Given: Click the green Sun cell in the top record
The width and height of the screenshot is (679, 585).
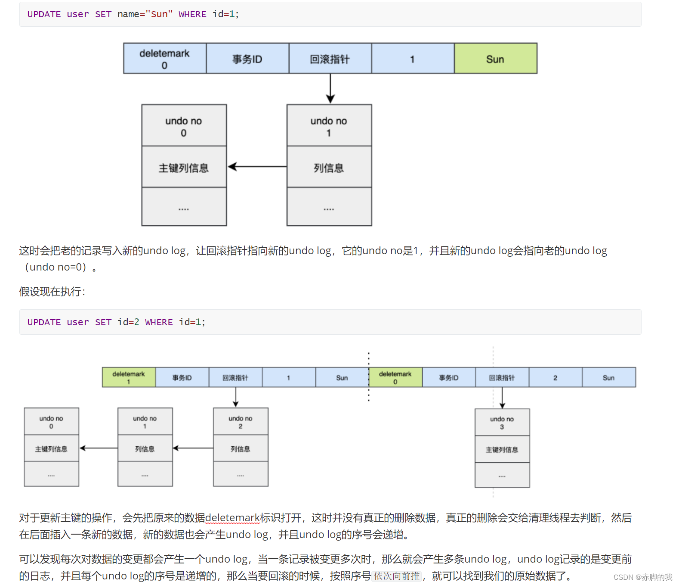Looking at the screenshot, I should (495, 59).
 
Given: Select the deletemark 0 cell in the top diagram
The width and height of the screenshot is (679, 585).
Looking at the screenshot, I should (165, 59).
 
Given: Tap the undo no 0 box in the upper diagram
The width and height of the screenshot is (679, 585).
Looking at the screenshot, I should (184, 126).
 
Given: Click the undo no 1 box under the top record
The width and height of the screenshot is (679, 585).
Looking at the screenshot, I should (329, 126).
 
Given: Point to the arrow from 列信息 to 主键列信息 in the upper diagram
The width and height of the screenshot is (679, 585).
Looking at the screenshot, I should (257, 167).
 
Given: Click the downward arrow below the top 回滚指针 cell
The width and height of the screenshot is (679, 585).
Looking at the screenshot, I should (330, 89).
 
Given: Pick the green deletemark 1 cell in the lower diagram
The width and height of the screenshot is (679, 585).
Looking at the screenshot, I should (129, 377).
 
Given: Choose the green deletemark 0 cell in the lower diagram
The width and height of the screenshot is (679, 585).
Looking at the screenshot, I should (395, 377).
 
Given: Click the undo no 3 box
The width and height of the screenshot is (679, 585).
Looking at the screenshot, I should (502, 423).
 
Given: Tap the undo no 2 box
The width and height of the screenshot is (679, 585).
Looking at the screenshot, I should (241, 422).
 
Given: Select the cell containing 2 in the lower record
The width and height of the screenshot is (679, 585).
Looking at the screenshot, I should (555, 377).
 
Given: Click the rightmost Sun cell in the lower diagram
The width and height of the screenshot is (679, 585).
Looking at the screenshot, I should (608, 377).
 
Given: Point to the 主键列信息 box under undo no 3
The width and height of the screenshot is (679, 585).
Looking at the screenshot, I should (502, 449).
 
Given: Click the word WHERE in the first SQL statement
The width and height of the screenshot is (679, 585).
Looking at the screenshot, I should (192, 14).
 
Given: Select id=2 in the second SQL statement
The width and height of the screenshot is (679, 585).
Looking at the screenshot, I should (128, 322).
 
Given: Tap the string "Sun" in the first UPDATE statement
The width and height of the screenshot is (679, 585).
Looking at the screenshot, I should (159, 14).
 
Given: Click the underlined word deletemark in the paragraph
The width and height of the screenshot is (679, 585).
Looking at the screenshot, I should (232, 518).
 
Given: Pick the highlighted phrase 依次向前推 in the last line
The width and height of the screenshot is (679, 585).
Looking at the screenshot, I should (396, 576).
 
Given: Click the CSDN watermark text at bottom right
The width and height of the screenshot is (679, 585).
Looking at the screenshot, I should (642, 577).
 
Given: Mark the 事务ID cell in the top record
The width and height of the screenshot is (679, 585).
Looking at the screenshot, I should (247, 59).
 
